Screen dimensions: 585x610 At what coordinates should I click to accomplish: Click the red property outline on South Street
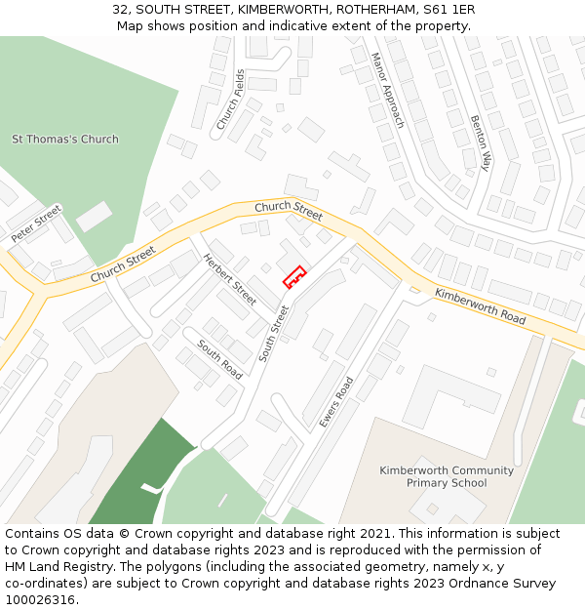[294, 278]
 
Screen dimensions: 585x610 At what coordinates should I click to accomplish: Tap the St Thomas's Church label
[65, 140]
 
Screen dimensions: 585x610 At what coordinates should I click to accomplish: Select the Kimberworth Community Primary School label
[447, 476]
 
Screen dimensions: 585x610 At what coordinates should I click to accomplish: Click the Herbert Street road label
[230, 279]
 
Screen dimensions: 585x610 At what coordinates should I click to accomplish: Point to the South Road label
[220, 360]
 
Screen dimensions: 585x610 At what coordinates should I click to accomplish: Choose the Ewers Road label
[336, 402]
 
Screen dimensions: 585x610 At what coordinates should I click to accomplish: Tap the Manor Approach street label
[387, 91]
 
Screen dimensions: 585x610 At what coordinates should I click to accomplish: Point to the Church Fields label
[230, 100]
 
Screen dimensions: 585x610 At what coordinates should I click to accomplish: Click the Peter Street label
[36, 224]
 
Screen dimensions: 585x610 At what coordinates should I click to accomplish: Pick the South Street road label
[274, 334]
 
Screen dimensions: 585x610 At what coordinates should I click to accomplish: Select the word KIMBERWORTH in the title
[279, 9]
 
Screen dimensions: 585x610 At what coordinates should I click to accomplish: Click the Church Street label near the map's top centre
[289, 210]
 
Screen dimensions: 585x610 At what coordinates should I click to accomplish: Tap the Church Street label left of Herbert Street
[123, 264]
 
